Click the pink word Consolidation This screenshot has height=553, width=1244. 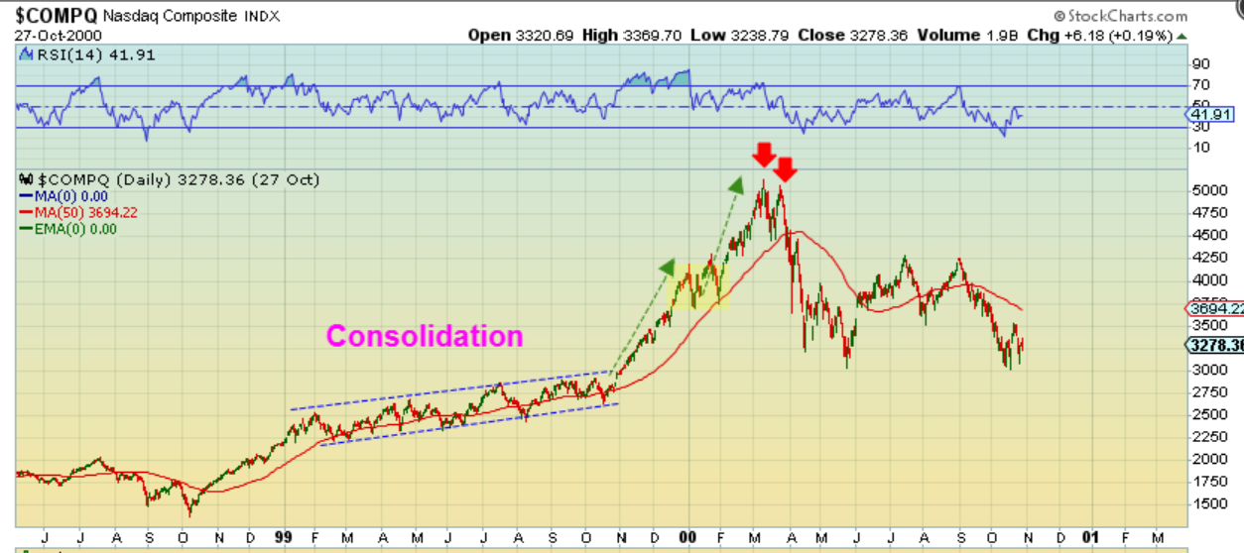pyautogui.click(x=425, y=336)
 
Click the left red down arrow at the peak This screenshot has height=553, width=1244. pyautogui.click(x=763, y=155)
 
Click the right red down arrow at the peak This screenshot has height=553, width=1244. pyautogui.click(x=785, y=168)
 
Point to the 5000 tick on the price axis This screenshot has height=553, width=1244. pyautogui.click(x=1208, y=189)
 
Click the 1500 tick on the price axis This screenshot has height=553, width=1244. pyautogui.click(x=1208, y=503)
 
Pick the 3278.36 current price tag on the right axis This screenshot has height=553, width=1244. pyautogui.click(x=1215, y=345)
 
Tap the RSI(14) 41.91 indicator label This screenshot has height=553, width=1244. pyautogui.click(x=70, y=55)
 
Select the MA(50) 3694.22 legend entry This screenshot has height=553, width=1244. pyautogui.click(x=73, y=212)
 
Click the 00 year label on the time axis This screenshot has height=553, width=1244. pyautogui.click(x=688, y=536)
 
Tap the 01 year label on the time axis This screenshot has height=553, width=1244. pyautogui.click(x=1091, y=536)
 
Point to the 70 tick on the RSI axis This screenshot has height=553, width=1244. pyautogui.click(x=1200, y=85)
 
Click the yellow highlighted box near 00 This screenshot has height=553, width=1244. pyautogui.click(x=702, y=285)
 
